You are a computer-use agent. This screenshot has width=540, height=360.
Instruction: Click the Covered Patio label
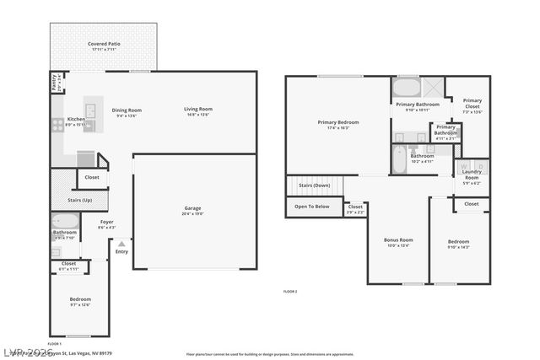[x=103, y=44]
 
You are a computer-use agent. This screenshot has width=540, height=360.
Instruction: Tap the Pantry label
[x=55, y=83]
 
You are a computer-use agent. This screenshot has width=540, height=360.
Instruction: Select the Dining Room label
[x=127, y=110]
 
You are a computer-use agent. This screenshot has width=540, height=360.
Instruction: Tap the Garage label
[x=193, y=207]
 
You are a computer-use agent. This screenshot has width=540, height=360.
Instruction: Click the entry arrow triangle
[x=121, y=244]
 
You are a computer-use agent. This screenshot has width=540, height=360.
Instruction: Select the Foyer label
[x=107, y=222]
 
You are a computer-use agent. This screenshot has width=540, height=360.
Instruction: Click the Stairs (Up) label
[x=80, y=200]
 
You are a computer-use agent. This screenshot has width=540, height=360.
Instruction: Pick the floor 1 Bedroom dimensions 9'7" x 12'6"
[x=80, y=305]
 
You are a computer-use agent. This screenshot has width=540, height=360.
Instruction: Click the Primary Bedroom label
[x=337, y=122]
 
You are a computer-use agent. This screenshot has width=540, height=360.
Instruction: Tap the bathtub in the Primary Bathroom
[x=406, y=88]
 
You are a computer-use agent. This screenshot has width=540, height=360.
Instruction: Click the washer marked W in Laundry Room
[x=463, y=166]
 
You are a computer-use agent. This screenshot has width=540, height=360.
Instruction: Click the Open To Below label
[x=312, y=206]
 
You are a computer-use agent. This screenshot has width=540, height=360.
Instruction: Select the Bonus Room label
[x=397, y=240]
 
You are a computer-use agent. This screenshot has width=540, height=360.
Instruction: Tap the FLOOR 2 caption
[x=289, y=291]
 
